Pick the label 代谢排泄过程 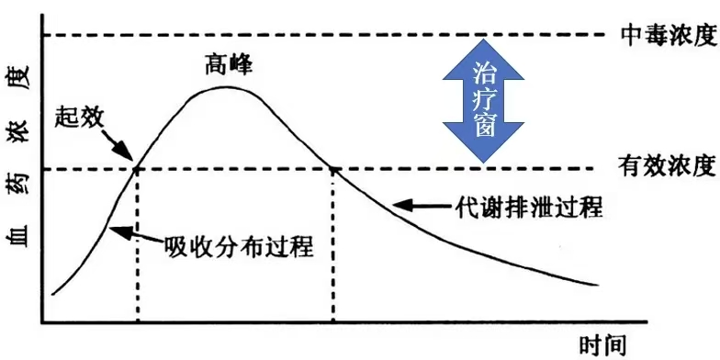pos(529,207)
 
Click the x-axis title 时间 pos(603,345)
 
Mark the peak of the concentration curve pos(226,87)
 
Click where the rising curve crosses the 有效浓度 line pos(138,168)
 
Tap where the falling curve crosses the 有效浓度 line pos(333,168)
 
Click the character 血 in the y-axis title pos(20,239)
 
